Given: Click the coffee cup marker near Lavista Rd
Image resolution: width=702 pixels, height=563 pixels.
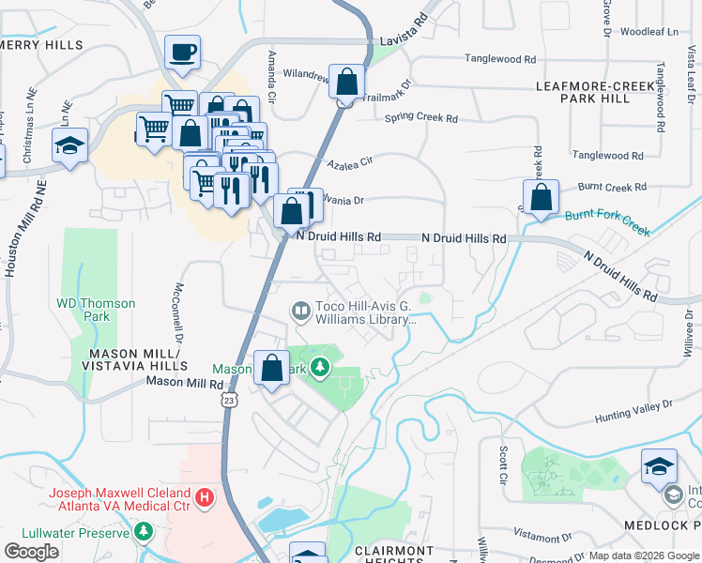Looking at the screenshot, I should (x=182, y=53).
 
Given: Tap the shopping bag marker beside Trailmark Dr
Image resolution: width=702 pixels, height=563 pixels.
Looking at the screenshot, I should (x=346, y=82).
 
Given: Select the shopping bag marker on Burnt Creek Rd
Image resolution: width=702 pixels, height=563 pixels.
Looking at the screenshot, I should (x=541, y=198).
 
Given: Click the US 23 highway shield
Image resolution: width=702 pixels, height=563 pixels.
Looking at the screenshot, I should (x=230, y=400).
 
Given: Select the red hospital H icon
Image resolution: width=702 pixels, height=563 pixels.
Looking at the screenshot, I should (x=203, y=495).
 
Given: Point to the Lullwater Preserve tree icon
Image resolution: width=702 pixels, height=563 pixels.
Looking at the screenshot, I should (x=143, y=533).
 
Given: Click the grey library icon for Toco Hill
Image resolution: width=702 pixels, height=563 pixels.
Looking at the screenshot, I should (x=300, y=309).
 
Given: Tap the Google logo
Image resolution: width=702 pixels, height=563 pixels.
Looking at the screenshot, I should (x=32, y=551).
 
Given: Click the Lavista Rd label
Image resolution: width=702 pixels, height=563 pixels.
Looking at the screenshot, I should (x=405, y=41).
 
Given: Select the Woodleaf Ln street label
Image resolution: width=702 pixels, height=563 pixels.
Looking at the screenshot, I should (x=649, y=31).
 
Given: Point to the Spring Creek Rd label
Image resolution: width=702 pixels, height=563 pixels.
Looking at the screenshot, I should (x=421, y=119).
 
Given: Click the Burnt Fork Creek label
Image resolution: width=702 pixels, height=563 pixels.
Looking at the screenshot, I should (x=607, y=221).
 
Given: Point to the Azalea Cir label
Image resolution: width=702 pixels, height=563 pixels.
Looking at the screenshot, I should (x=350, y=162).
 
